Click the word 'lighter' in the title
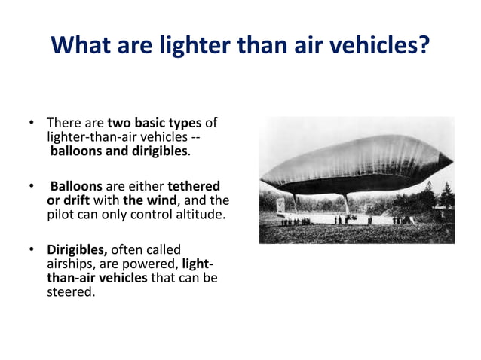(195, 47)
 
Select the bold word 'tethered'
(194, 185)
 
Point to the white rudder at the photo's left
(281, 203)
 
